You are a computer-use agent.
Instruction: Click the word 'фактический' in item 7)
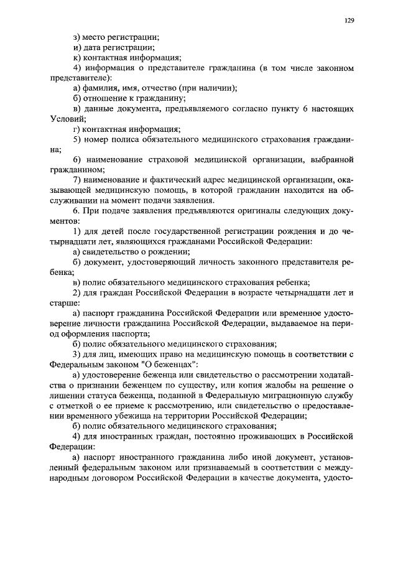point(170,180)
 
